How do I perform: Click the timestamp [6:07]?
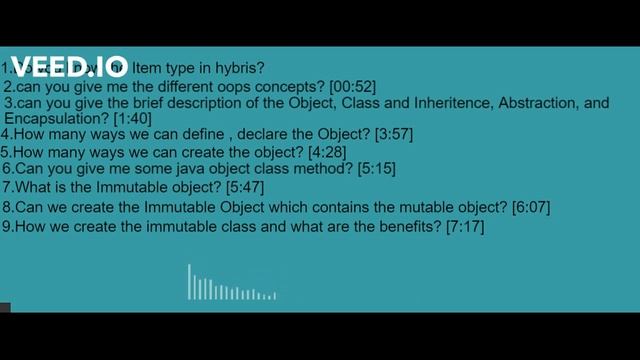click(x=530, y=207)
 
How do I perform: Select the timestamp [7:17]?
click(x=465, y=227)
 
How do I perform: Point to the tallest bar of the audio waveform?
click(x=189, y=282)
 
